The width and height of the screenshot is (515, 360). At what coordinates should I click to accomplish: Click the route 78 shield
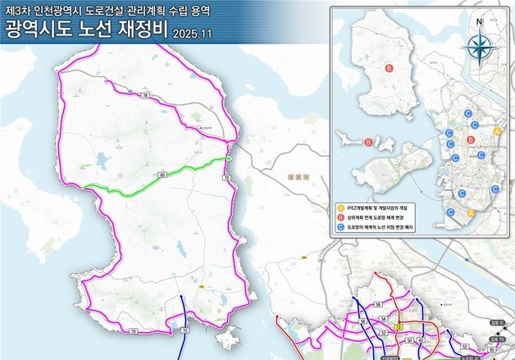146,97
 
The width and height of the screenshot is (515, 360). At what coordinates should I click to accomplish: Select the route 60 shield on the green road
162,175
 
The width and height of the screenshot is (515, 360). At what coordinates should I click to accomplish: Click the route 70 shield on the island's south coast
133,330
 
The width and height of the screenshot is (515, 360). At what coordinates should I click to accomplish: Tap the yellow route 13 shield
398,326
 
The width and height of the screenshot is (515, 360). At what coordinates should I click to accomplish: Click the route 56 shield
381,303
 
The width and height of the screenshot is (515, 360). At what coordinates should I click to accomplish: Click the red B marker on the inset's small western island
368,143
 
